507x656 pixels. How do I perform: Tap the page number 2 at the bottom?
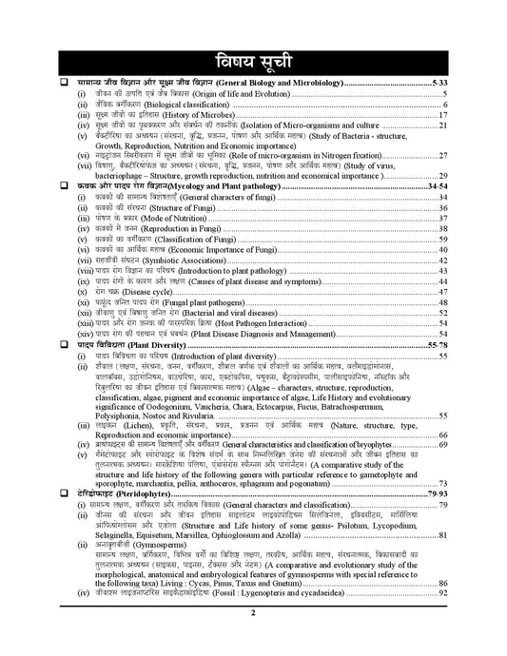(254, 641)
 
